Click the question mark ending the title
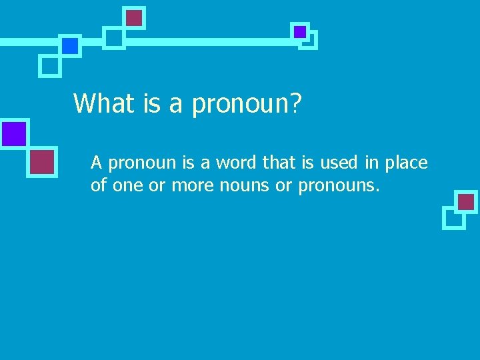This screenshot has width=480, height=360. pyautogui.click(x=294, y=103)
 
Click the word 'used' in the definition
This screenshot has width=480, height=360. pyautogui.click(x=343, y=162)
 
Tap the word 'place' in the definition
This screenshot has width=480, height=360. pyautogui.click(x=406, y=163)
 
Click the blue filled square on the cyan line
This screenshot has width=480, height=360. pyautogui.click(x=70, y=45)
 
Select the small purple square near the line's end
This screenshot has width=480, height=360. pyautogui.click(x=300, y=31)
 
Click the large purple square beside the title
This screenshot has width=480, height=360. pyautogui.click(x=14, y=134)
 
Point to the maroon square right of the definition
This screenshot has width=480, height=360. pyautogui.click(x=466, y=201)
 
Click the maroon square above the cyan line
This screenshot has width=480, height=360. pyautogui.click(x=134, y=17)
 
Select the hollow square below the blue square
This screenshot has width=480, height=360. pyautogui.click(x=50, y=65)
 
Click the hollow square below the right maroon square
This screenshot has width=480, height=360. pyautogui.click(x=453, y=217)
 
